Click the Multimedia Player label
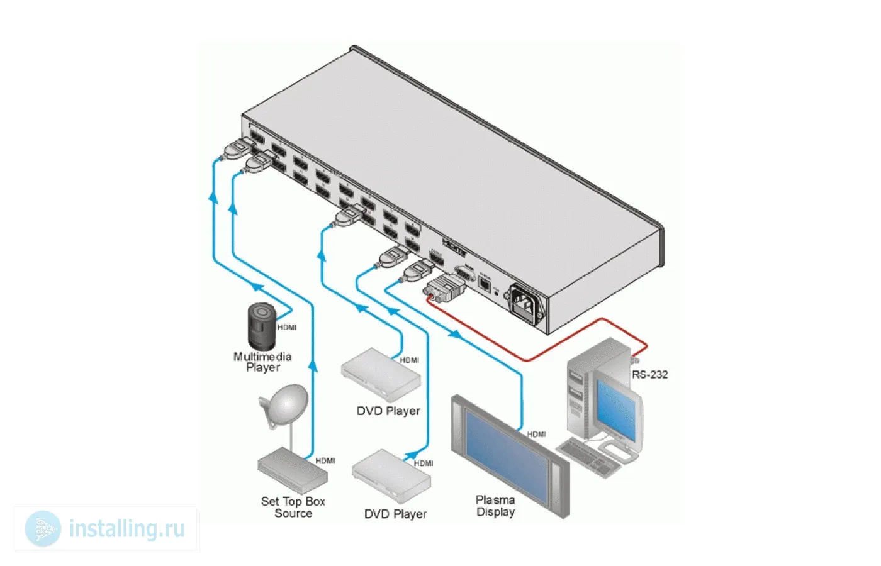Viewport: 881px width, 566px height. (x=263, y=362)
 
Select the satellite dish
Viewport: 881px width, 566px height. (x=284, y=404)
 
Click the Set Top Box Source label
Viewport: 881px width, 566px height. (x=293, y=507)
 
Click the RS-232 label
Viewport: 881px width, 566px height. (x=650, y=375)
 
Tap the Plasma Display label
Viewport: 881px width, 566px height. (x=495, y=506)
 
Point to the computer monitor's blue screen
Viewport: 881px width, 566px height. (x=618, y=409)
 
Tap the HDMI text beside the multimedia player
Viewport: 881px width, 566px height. (x=287, y=328)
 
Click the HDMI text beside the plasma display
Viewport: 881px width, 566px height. (x=537, y=435)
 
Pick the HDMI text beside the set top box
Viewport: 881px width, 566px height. (x=325, y=461)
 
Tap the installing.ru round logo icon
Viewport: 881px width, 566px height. (x=43, y=528)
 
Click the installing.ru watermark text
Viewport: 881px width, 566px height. (x=127, y=529)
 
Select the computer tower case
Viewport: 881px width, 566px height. (x=582, y=390)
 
